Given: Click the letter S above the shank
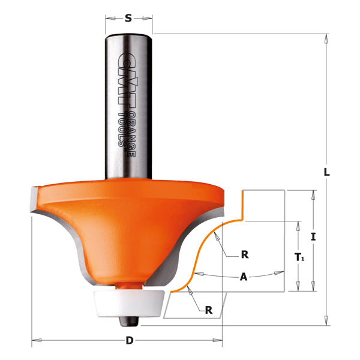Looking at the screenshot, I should pyautogui.click(x=128, y=18).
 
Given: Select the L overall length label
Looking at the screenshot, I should pyautogui.click(x=326, y=172).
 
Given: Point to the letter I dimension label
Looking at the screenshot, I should pyautogui.click(x=313, y=236).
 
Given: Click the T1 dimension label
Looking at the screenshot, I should pyautogui.click(x=298, y=256).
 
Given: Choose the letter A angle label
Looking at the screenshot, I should pyautogui.click(x=242, y=277).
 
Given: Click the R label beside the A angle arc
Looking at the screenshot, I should pyautogui.click(x=244, y=254).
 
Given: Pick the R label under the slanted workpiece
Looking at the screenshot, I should pyautogui.click(x=208, y=310).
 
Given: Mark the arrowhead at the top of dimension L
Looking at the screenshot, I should pyautogui.click(x=326, y=37).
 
